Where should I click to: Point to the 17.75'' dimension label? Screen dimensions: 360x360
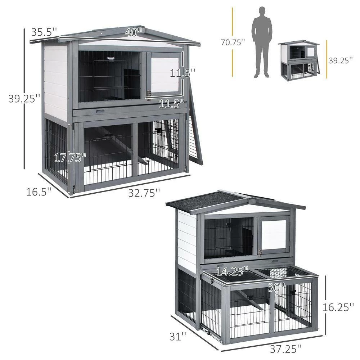click(70, 158)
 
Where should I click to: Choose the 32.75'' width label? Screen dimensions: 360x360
click(144, 193)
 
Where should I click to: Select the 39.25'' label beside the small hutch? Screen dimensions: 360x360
click(341, 60)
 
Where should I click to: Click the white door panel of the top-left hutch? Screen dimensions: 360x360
click(165, 74)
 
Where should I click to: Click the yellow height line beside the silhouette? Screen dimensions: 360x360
click(233, 22)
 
